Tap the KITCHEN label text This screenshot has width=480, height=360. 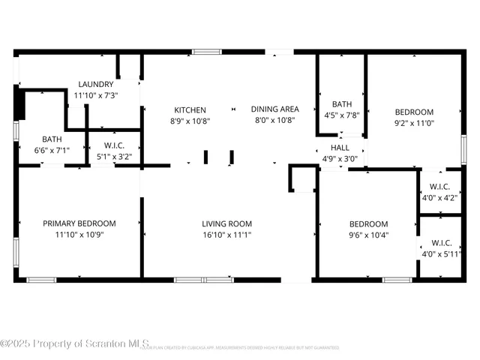[x=190, y=109]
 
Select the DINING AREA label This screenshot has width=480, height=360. [x=274, y=109]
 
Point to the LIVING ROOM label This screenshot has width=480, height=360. [x=226, y=223]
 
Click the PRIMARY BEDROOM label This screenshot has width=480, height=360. [x=79, y=223]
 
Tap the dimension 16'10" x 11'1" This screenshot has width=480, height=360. [x=226, y=235]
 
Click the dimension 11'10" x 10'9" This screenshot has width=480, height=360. [x=79, y=235]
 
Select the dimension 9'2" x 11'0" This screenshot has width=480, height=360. [x=414, y=123]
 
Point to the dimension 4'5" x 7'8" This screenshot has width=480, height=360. [x=342, y=115]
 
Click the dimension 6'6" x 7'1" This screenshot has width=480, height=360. [x=52, y=150]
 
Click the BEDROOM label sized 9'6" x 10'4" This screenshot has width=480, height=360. [x=368, y=223]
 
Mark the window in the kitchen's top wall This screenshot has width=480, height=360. [x=205, y=52]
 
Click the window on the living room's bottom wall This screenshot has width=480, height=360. [x=204, y=280]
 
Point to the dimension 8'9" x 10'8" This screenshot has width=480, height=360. [x=190, y=121]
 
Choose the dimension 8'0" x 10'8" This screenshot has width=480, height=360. [x=274, y=121]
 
